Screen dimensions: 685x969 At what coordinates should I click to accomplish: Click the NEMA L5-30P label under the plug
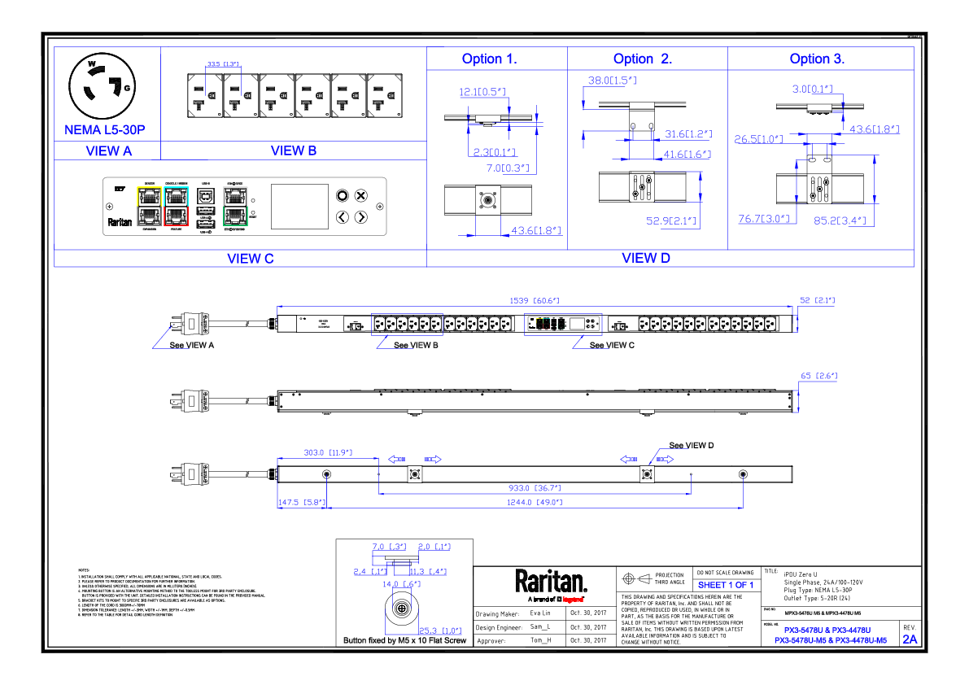tap(104, 129)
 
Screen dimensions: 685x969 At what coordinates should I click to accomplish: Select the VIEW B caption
tap(294, 151)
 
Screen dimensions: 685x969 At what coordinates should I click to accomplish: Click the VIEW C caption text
tap(250, 259)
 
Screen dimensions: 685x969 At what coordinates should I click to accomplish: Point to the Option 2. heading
tap(642, 59)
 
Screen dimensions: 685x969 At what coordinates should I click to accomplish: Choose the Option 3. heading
tap(817, 59)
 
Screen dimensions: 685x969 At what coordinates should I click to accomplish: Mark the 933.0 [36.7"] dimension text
tap(534, 488)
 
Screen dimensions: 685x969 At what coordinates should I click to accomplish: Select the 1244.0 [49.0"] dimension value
tap(534, 502)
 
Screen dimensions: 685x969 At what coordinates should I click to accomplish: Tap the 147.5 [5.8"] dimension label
tap(302, 503)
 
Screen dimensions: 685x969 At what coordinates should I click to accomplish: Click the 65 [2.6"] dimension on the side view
tap(819, 377)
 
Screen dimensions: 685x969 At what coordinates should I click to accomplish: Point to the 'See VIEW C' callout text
tap(612, 345)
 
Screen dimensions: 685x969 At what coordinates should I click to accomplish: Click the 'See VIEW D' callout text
tap(691, 445)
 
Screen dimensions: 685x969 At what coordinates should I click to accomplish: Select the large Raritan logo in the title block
tap(550, 581)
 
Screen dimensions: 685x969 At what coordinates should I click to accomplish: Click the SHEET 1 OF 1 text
tap(726, 585)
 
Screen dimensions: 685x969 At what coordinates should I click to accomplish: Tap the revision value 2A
tap(909, 639)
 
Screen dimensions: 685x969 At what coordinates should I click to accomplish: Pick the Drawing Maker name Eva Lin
tap(540, 613)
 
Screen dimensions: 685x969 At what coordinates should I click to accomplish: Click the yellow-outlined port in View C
tap(150, 195)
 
